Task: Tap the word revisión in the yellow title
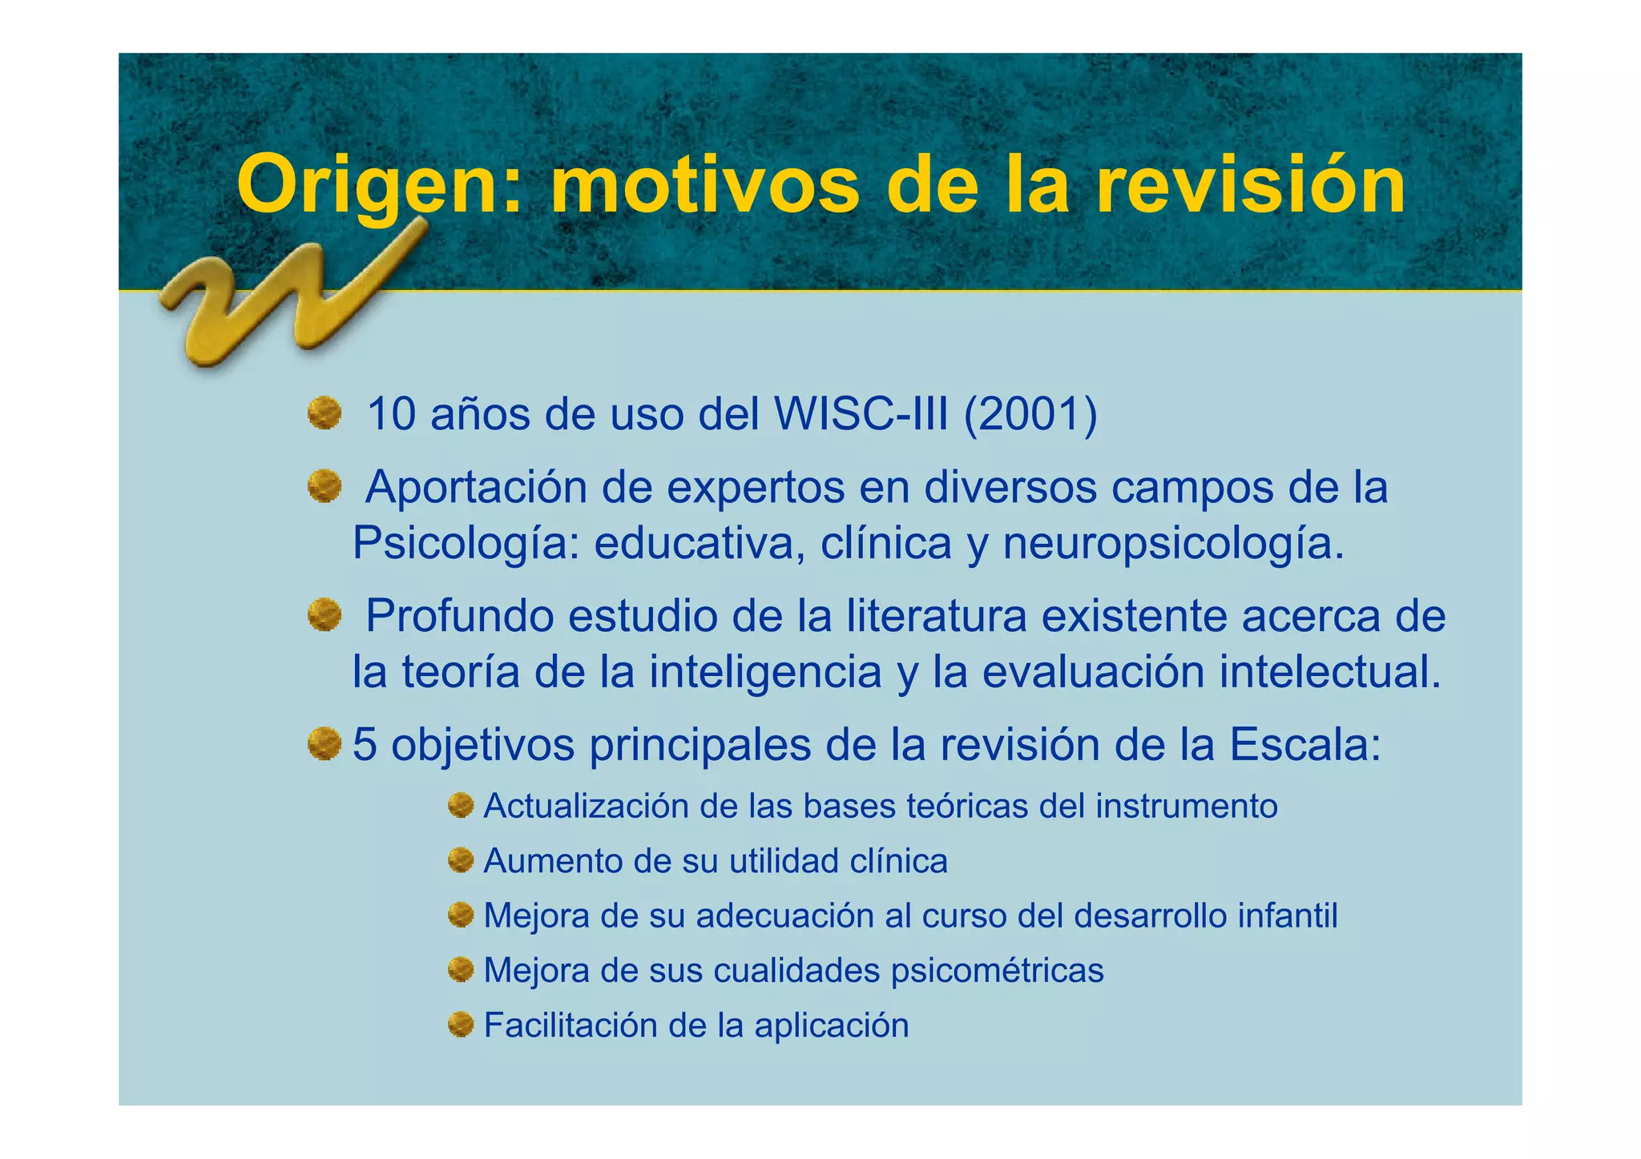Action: click(x=1250, y=186)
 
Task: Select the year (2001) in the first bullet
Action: click(x=1030, y=415)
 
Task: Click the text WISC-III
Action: click(x=861, y=415)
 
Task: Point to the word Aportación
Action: click(x=476, y=488)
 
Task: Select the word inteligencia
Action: click(x=764, y=672)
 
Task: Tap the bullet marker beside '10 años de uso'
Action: click(x=325, y=414)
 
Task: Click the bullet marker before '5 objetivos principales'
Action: click(x=325, y=744)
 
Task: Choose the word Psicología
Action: click(x=466, y=544)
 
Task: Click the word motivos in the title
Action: click(x=705, y=186)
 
